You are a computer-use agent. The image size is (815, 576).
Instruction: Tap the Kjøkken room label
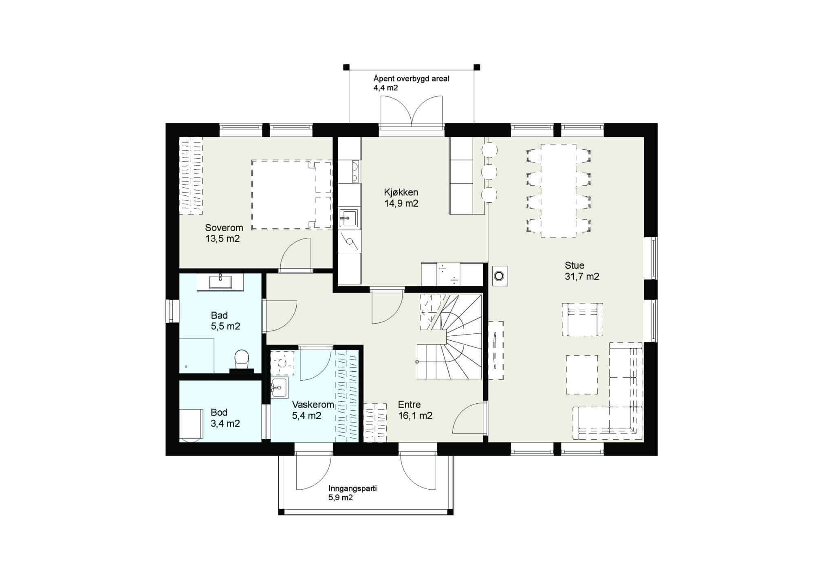(401, 192)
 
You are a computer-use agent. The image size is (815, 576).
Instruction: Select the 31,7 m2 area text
(582, 277)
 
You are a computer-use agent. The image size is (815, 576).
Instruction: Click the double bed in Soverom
(291, 195)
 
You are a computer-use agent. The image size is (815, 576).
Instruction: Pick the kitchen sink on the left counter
(348, 218)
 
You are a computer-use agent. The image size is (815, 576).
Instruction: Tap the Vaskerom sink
(279, 387)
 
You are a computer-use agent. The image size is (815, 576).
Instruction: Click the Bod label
(219, 412)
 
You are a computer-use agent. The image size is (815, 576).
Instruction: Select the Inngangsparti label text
(352, 488)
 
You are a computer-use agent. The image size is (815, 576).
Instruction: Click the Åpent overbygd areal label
(412, 79)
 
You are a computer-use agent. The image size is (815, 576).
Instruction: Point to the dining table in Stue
(558, 191)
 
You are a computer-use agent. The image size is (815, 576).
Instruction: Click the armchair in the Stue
(582, 320)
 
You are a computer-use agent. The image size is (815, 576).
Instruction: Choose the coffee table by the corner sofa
(582, 375)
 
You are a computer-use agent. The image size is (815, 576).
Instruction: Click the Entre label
(409, 405)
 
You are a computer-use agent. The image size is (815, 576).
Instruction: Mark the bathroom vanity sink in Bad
(220, 281)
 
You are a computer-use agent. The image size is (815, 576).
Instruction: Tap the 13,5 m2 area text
(222, 239)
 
